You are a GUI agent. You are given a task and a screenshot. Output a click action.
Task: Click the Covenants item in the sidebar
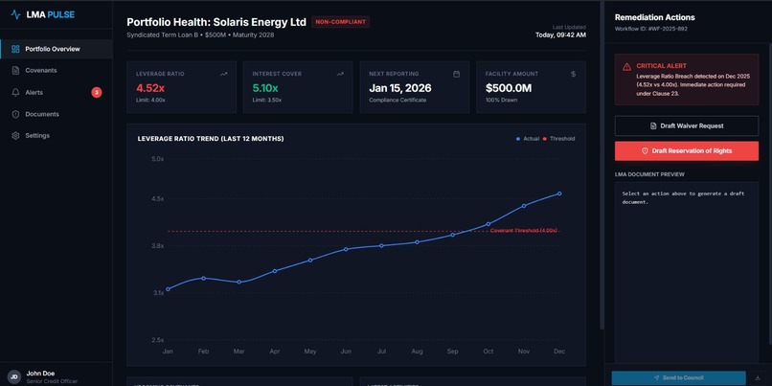pyautogui.click(x=41, y=71)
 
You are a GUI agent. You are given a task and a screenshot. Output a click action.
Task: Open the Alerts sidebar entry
pyautogui.click(x=34, y=93)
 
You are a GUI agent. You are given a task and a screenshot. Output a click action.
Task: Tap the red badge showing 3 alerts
pyautogui.click(x=96, y=93)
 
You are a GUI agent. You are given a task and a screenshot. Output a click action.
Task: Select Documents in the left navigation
pyautogui.click(x=42, y=114)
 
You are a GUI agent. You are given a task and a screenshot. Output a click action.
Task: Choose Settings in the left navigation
pyautogui.click(x=37, y=136)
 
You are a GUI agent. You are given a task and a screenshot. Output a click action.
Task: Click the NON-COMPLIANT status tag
pyautogui.click(x=341, y=22)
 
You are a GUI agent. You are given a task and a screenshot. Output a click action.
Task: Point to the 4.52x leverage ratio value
pyautogui.click(x=150, y=87)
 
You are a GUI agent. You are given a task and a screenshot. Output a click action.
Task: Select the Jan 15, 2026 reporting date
pyautogui.click(x=399, y=87)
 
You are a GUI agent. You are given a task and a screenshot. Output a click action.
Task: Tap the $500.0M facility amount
pyautogui.click(x=509, y=87)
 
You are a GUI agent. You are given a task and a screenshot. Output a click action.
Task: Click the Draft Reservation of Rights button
pyautogui.click(x=686, y=150)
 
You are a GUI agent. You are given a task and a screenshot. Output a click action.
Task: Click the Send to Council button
pyautogui.click(x=678, y=378)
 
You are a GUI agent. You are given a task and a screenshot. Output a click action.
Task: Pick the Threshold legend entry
pyautogui.click(x=561, y=139)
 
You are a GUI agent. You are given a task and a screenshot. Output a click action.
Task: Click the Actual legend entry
pyautogui.click(x=530, y=139)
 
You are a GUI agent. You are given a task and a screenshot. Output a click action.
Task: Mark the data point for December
pyautogui.click(x=559, y=193)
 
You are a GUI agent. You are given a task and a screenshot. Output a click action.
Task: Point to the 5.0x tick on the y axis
pyautogui.click(x=158, y=159)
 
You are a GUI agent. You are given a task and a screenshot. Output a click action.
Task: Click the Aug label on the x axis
pyautogui.click(x=417, y=352)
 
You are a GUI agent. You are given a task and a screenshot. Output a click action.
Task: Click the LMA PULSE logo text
pyautogui.click(x=49, y=14)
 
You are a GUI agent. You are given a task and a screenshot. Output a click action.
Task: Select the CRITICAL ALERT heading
pyautogui.click(x=662, y=66)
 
